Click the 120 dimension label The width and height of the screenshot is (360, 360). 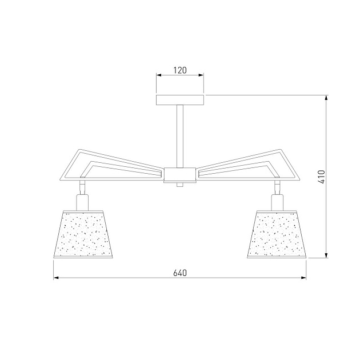pos(180,70)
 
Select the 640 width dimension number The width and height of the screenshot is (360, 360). pos(180,273)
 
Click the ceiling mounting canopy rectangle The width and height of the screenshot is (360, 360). pos(180,100)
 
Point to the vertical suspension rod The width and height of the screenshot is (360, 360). pos(180,137)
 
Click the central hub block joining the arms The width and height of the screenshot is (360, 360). pos(180,175)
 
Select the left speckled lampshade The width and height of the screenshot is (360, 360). pos(83,234)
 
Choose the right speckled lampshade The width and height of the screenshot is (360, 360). pos(277,234)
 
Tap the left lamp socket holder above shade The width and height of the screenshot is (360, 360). pos(82,202)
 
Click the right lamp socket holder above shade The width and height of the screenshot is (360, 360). pos(277,202)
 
